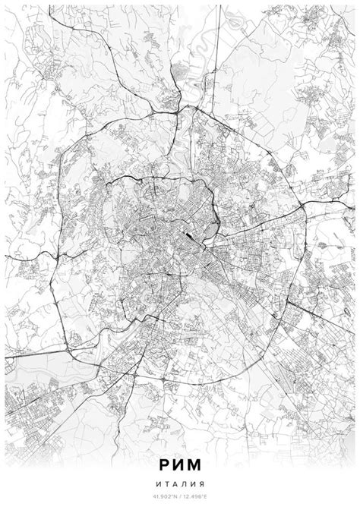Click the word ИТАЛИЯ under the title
[180, 483]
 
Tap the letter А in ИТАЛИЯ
[175, 483]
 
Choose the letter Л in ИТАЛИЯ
[185, 483]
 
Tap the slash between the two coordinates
[180, 497]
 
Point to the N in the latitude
[175, 497]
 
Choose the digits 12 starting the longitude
[185, 497]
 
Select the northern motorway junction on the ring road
[180, 112]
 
